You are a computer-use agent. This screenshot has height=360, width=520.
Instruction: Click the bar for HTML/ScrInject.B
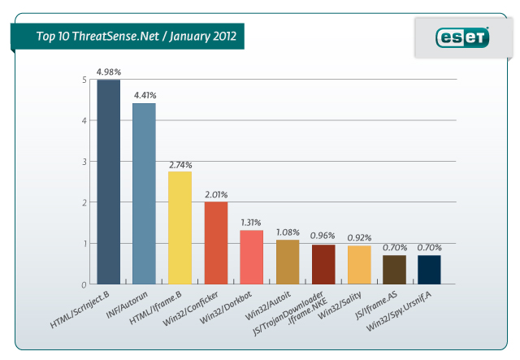(108, 182)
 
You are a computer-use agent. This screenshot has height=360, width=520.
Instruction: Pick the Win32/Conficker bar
(215, 243)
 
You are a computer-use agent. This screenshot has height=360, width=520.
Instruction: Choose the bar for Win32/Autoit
(287, 262)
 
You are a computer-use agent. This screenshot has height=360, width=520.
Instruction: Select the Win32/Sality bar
(358, 265)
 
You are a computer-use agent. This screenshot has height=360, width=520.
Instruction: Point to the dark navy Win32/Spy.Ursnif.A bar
(430, 270)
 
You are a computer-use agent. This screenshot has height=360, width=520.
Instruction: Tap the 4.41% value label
(144, 94)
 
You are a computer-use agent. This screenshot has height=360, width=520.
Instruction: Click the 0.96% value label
(323, 236)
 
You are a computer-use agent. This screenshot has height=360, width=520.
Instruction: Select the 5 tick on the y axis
(84, 80)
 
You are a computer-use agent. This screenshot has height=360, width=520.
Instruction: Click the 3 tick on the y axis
(84, 162)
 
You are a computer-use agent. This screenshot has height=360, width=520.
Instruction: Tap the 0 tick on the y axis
(84, 284)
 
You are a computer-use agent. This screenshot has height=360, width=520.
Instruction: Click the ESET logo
(463, 37)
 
